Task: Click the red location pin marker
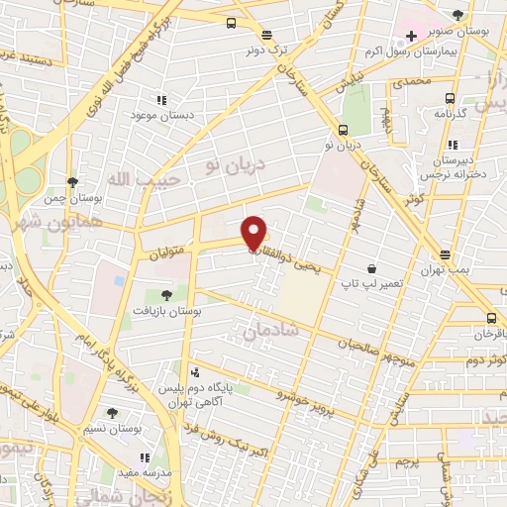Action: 253,233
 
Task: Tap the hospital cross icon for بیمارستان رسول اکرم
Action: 411,37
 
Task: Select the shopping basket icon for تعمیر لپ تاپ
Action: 371,267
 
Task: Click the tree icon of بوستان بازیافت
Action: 166,294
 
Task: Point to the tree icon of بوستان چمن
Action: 73,181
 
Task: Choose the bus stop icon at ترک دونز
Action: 231,24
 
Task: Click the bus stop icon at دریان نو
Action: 343,129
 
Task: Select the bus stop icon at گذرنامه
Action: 451,98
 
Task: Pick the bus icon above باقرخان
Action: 492,318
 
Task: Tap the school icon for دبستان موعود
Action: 161,100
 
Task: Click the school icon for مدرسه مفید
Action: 146,457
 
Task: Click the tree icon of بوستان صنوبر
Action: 457,14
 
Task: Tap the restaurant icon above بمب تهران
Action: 446,253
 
